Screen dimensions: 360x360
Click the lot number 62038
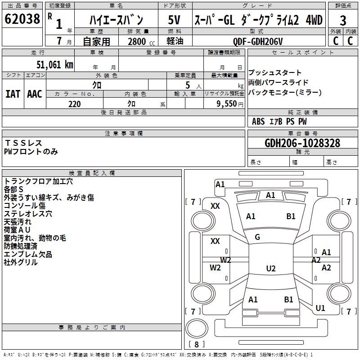(x=22, y=19)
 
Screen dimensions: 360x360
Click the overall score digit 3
(x=343, y=20)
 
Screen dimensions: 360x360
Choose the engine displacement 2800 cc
(x=137, y=42)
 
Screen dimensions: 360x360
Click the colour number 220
(x=75, y=104)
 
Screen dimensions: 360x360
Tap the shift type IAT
(x=13, y=94)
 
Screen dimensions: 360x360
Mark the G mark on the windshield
(x=257, y=237)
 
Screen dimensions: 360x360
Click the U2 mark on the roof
(x=270, y=269)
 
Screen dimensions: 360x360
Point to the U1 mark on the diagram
(x=320, y=308)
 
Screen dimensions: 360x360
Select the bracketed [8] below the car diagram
(x=196, y=345)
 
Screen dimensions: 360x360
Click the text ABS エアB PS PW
(x=279, y=121)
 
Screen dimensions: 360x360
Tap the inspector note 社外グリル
(x=21, y=263)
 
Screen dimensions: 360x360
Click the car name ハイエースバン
(x=116, y=20)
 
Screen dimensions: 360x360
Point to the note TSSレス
(x=23, y=143)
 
